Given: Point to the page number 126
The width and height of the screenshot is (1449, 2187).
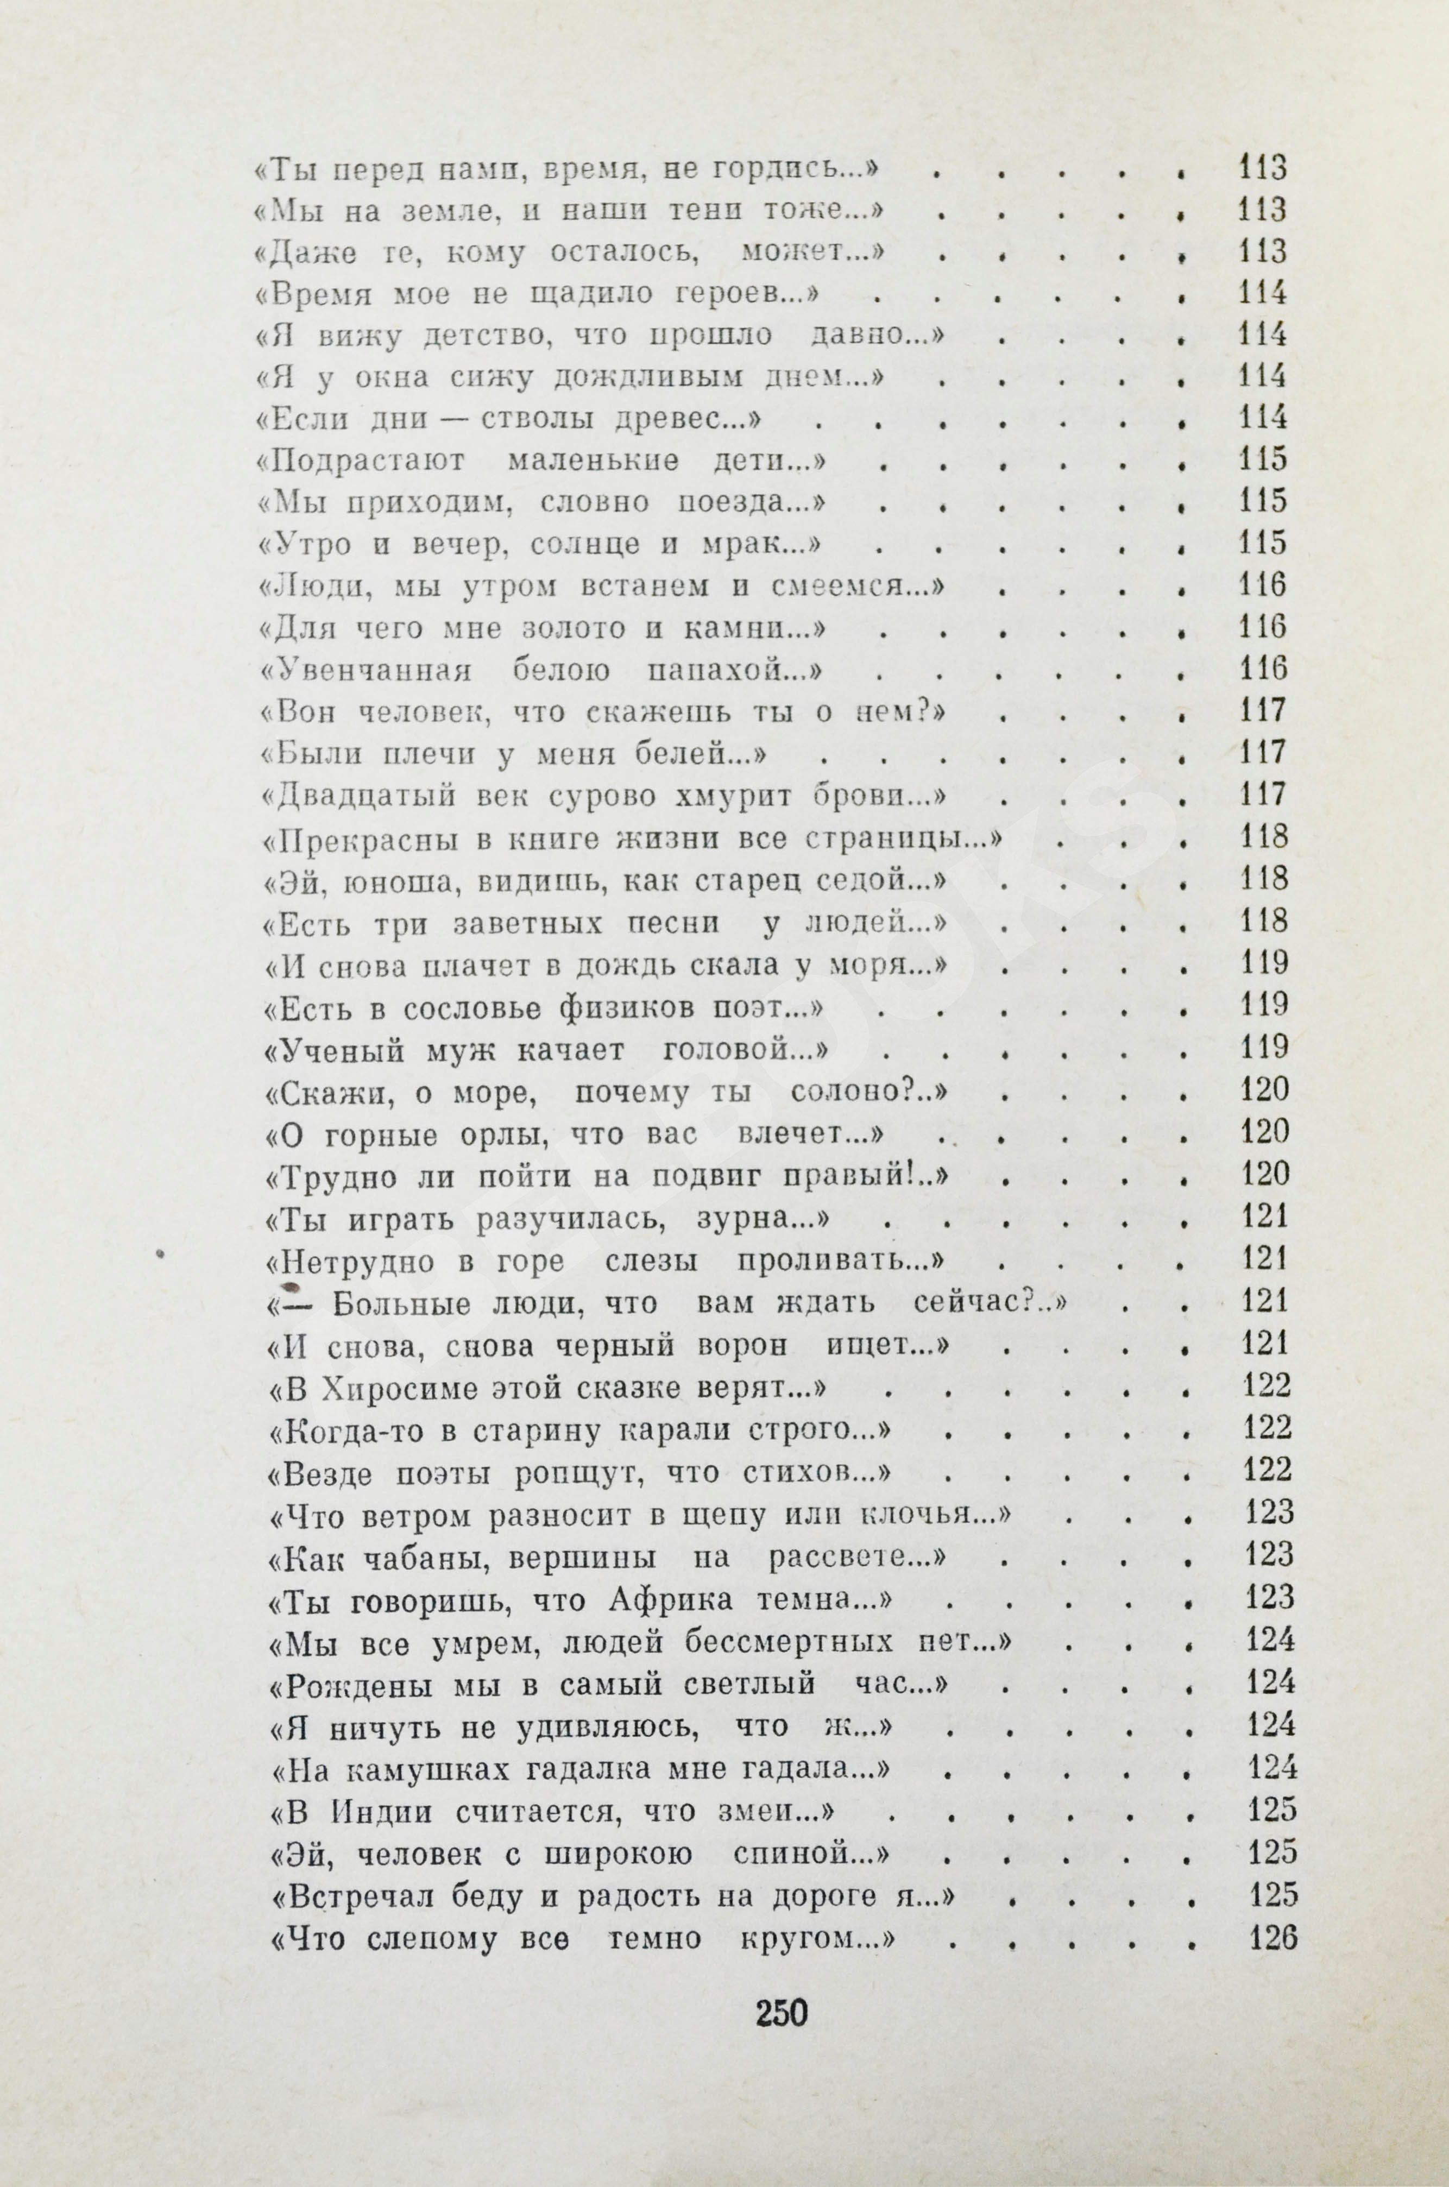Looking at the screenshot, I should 1274,1937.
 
